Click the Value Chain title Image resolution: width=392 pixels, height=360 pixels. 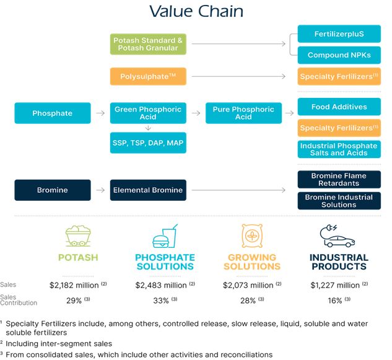(x=196, y=12)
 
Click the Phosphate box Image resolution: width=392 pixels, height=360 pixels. (x=53, y=113)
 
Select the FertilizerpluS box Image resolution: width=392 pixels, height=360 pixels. (x=339, y=33)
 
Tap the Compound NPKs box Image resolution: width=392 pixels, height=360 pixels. (x=339, y=55)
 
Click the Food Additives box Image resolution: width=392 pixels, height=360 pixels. (x=339, y=107)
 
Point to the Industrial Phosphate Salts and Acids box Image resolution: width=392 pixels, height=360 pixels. (x=339, y=149)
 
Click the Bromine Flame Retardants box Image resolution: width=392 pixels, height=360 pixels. (x=339, y=180)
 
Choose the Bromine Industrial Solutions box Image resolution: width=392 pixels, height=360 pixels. (x=339, y=201)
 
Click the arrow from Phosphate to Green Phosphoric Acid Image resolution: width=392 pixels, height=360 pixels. (x=100, y=113)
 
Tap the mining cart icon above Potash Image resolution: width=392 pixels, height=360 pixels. (x=78, y=235)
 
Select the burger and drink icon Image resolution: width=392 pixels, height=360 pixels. (x=164, y=236)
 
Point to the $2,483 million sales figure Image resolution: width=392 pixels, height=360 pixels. (x=161, y=285)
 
